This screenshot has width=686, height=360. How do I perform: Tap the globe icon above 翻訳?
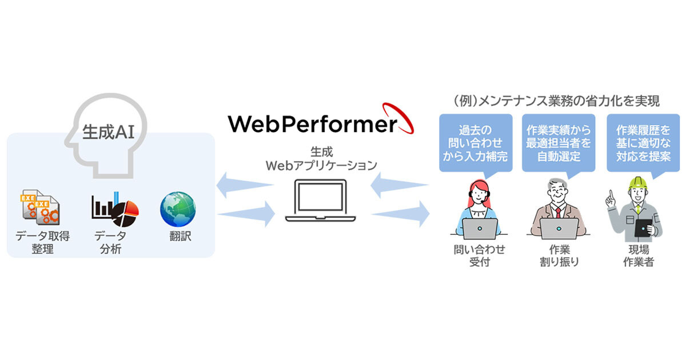(x=178, y=207)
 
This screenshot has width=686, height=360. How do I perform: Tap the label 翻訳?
(x=178, y=235)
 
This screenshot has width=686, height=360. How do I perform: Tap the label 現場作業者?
(x=640, y=256)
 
